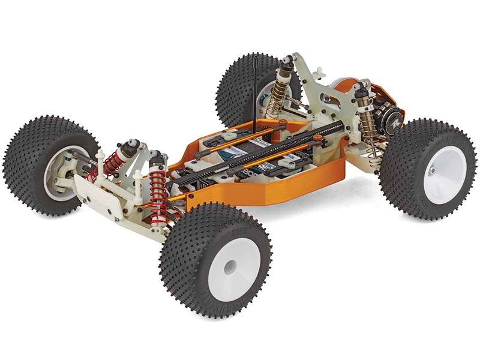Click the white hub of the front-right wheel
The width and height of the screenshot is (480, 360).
click(x=230, y=269)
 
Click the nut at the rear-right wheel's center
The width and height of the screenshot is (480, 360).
click(x=431, y=171)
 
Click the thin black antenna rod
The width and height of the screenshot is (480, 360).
click(x=256, y=90)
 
